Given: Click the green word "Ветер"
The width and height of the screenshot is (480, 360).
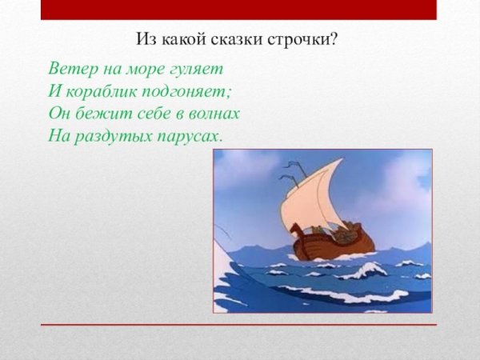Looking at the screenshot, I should click(x=70, y=67).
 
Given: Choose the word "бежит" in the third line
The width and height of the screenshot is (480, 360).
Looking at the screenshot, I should click(x=99, y=114).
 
